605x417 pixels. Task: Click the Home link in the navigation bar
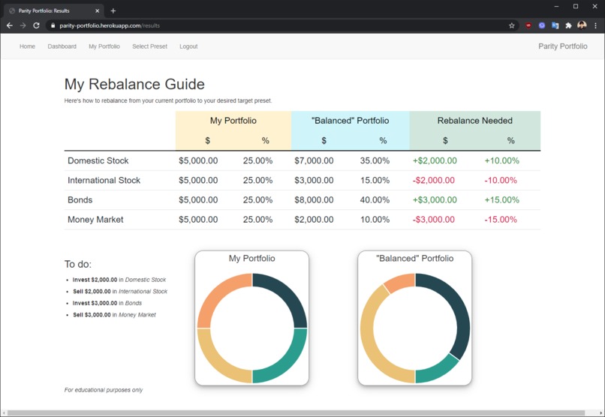[27, 46]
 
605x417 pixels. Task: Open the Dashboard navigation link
[62, 46]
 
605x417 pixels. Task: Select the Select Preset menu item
[149, 46]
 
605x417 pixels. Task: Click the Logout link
[188, 46]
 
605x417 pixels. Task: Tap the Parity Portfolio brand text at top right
[562, 46]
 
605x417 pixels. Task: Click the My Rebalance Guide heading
[134, 85]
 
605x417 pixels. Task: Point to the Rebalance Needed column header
[474, 121]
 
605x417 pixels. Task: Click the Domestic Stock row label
[98, 160]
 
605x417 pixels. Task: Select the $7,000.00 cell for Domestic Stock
[314, 160]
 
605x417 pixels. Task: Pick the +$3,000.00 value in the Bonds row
[434, 200]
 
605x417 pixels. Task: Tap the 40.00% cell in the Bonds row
[375, 200]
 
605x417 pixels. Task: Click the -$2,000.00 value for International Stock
[433, 181]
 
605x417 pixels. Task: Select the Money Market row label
[95, 220]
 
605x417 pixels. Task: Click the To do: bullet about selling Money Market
[114, 315]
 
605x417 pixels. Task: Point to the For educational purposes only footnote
[104, 390]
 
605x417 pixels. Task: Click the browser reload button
[36, 25]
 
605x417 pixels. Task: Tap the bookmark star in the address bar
[512, 25]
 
